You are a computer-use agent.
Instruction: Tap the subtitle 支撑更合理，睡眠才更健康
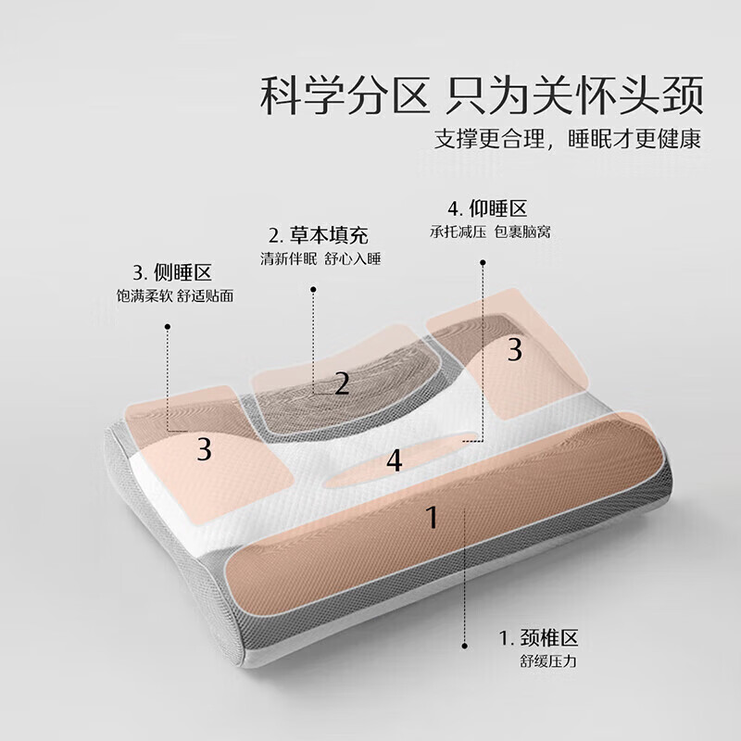(x=567, y=140)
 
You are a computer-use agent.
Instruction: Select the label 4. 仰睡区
(x=487, y=207)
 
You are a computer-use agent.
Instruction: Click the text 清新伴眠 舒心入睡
(x=320, y=258)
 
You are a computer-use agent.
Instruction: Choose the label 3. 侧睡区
(x=172, y=273)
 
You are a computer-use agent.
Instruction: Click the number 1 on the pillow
(x=431, y=517)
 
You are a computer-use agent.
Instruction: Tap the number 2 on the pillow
(x=342, y=383)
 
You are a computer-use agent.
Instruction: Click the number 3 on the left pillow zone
(x=205, y=449)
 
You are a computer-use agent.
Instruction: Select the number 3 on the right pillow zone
(x=515, y=350)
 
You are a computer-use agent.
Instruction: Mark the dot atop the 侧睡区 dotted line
(x=168, y=325)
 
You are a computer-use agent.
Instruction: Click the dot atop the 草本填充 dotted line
(x=313, y=288)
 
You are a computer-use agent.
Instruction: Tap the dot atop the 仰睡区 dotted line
(x=483, y=261)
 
